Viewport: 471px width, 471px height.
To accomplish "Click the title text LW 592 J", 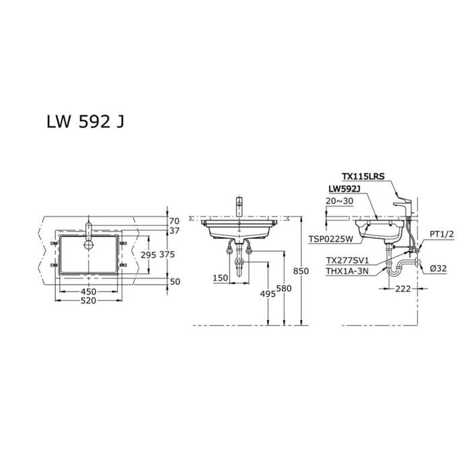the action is [x=85, y=122].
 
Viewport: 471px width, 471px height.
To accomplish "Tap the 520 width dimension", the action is [x=88, y=301].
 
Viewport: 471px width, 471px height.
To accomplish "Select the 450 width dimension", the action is [x=88, y=291].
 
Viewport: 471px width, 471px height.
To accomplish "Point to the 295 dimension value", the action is [x=149, y=255].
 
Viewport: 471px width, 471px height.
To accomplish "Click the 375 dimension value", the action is [x=167, y=254].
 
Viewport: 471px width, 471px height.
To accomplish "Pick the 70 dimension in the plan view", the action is [x=174, y=221].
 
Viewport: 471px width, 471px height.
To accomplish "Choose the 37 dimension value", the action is [x=174, y=231].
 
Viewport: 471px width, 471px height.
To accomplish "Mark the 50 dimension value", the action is [x=175, y=282].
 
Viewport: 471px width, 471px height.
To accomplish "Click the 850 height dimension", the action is [x=301, y=271].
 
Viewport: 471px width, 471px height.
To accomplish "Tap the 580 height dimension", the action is [x=284, y=289].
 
